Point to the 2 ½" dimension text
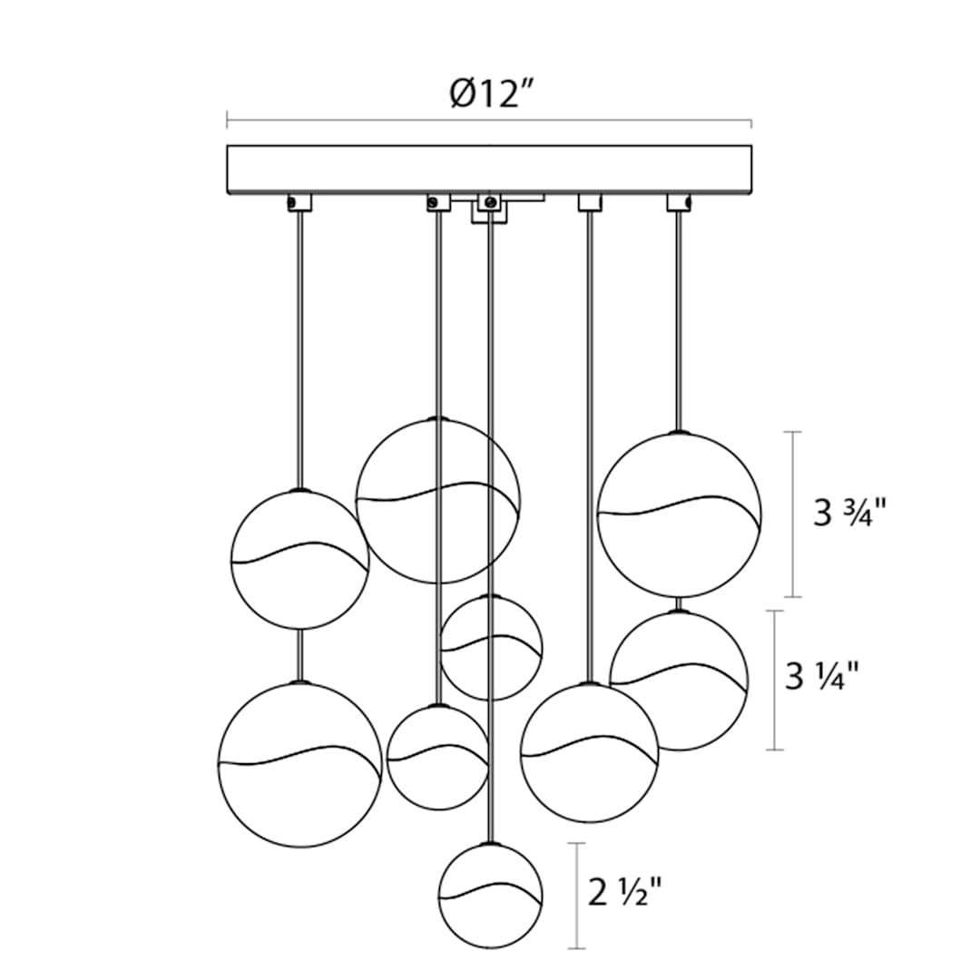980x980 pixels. click(x=624, y=892)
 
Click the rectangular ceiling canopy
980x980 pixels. click(x=489, y=171)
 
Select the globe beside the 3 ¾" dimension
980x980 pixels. click(x=680, y=514)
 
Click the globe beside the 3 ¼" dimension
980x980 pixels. click(x=679, y=680)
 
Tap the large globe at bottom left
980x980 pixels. click(x=300, y=764)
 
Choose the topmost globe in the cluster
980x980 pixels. click(x=438, y=500)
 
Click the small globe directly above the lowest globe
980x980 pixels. click(x=491, y=648)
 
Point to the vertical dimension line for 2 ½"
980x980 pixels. click(x=576, y=895)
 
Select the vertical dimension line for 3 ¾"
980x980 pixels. click(x=793, y=514)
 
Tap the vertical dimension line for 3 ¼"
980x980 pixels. click(x=775, y=680)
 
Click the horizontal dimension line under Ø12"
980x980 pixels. click(x=489, y=120)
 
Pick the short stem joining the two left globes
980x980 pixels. click(x=300, y=655)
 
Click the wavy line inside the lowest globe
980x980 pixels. click(x=490, y=892)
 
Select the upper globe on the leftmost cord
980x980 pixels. click(x=300, y=559)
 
